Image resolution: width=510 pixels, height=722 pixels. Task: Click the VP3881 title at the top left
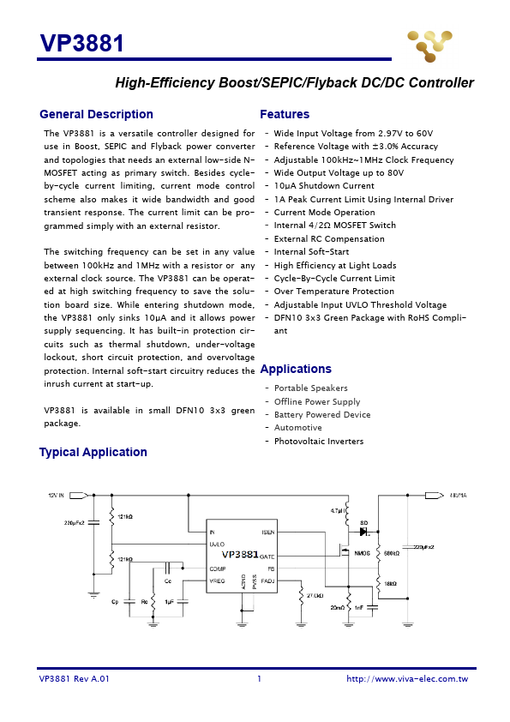click(82, 44)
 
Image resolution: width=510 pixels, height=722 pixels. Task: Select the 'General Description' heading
click(96, 115)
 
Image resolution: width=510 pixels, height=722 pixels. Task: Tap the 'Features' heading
click(285, 115)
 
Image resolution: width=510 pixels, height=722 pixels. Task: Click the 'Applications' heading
click(296, 370)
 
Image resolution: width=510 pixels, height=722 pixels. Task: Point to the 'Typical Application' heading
click(93, 453)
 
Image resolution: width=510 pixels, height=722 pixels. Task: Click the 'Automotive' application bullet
click(297, 428)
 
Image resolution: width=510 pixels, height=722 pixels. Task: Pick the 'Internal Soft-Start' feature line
click(311, 252)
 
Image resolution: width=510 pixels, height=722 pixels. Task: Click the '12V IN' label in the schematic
click(56, 495)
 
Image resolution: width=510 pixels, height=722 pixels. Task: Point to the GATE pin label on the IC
click(267, 557)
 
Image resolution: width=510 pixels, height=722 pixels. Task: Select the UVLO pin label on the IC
click(218, 544)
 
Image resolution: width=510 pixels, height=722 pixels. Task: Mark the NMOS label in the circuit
click(362, 553)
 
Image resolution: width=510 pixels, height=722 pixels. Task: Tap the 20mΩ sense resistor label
click(339, 607)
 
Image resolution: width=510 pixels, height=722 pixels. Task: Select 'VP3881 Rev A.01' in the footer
click(75, 679)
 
